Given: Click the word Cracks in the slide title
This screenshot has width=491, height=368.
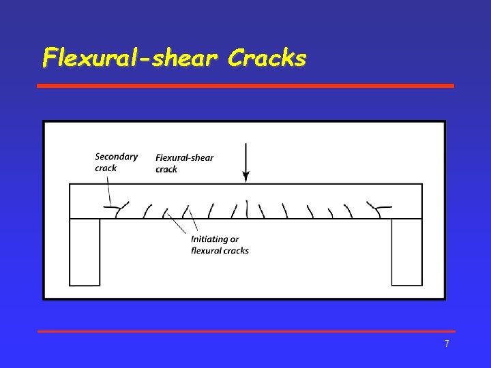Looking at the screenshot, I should (267, 58).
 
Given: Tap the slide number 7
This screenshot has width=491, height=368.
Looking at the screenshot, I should (447, 343).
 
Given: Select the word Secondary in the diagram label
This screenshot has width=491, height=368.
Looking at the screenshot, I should (116, 157).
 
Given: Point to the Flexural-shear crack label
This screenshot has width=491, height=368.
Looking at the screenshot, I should (184, 163).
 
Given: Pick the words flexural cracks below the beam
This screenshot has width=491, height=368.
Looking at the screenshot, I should (220, 250).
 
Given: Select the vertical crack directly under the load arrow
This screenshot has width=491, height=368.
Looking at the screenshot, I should (246, 208).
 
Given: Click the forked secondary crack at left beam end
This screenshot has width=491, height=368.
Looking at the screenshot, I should (120, 208).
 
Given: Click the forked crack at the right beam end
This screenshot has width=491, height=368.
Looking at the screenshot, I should (377, 207).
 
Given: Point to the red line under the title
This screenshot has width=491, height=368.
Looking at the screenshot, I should (245, 86).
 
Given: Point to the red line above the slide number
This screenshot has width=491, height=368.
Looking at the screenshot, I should (245, 331).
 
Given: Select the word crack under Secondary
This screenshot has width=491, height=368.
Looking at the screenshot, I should (106, 168).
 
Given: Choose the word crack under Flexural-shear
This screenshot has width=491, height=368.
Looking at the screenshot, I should (166, 169).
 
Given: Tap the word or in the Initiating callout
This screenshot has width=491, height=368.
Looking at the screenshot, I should (235, 239).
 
